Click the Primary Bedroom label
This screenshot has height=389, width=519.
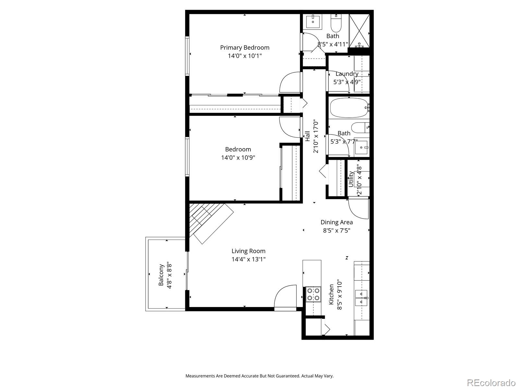tap(245, 48)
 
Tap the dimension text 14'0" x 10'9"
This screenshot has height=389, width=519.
tap(238, 158)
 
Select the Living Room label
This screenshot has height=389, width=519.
tap(248, 251)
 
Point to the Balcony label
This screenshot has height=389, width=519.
tap(161, 275)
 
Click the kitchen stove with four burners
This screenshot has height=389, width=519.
tap(313, 294)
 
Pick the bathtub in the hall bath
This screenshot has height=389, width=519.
tap(349, 108)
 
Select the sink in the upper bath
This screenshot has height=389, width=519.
tap(313, 21)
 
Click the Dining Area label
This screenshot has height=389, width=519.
tap(336, 222)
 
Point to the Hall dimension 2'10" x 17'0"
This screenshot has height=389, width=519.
tap(316, 136)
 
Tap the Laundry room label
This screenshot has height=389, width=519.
tap(347, 74)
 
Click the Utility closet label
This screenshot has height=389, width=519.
tap(351, 179)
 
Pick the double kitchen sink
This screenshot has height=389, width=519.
tap(361, 298)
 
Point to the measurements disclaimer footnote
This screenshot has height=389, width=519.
tap(259, 376)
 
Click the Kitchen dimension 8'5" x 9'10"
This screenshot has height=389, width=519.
tap(340, 295)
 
